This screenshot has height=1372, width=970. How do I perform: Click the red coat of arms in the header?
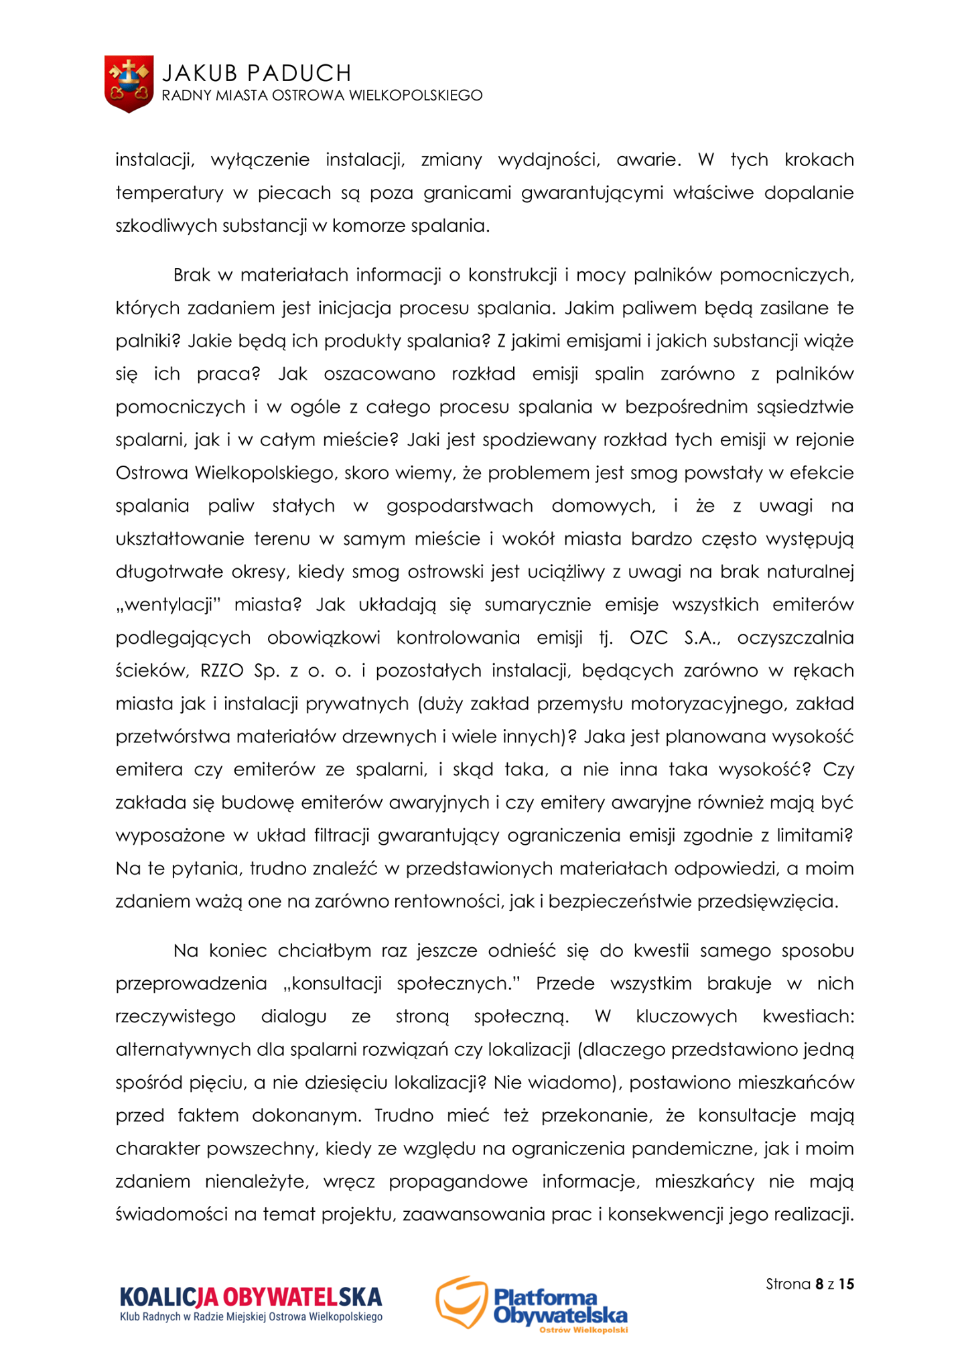(129, 84)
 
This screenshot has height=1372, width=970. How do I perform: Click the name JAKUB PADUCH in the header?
(257, 72)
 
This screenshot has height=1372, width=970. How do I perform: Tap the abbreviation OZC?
(648, 638)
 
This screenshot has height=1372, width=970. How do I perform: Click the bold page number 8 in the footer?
(819, 1284)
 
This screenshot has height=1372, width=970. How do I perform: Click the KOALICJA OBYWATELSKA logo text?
(251, 1298)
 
